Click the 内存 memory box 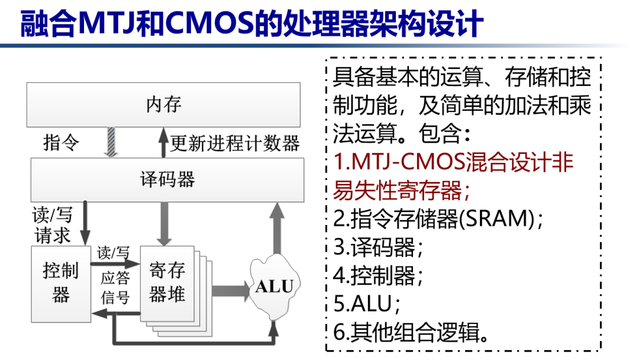163,105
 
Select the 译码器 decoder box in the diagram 167,179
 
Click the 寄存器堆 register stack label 167,282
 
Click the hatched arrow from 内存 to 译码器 111,142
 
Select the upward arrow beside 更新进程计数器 163,142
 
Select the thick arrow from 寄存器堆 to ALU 231,290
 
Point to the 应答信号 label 115,288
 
